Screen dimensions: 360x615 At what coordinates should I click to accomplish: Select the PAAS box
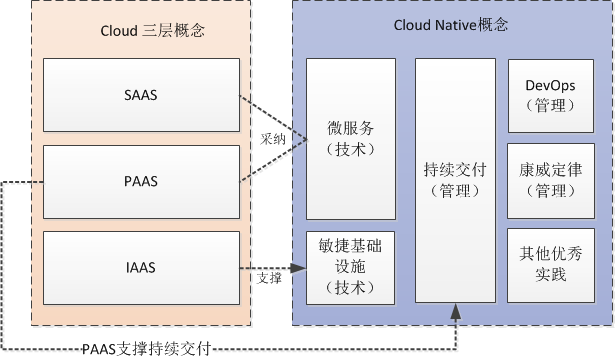pyautogui.click(x=140, y=182)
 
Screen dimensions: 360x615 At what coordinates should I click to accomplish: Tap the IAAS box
pyautogui.click(x=140, y=268)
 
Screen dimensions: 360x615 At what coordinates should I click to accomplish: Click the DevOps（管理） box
pyautogui.click(x=550, y=96)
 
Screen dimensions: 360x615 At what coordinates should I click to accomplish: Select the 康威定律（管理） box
pyautogui.click(x=550, y=180)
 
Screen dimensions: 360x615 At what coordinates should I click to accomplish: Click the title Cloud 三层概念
pyautogui.click(x=152, y=31)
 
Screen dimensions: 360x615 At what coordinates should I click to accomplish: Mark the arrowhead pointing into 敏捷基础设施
pyautogui.click(x=299, y=267)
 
